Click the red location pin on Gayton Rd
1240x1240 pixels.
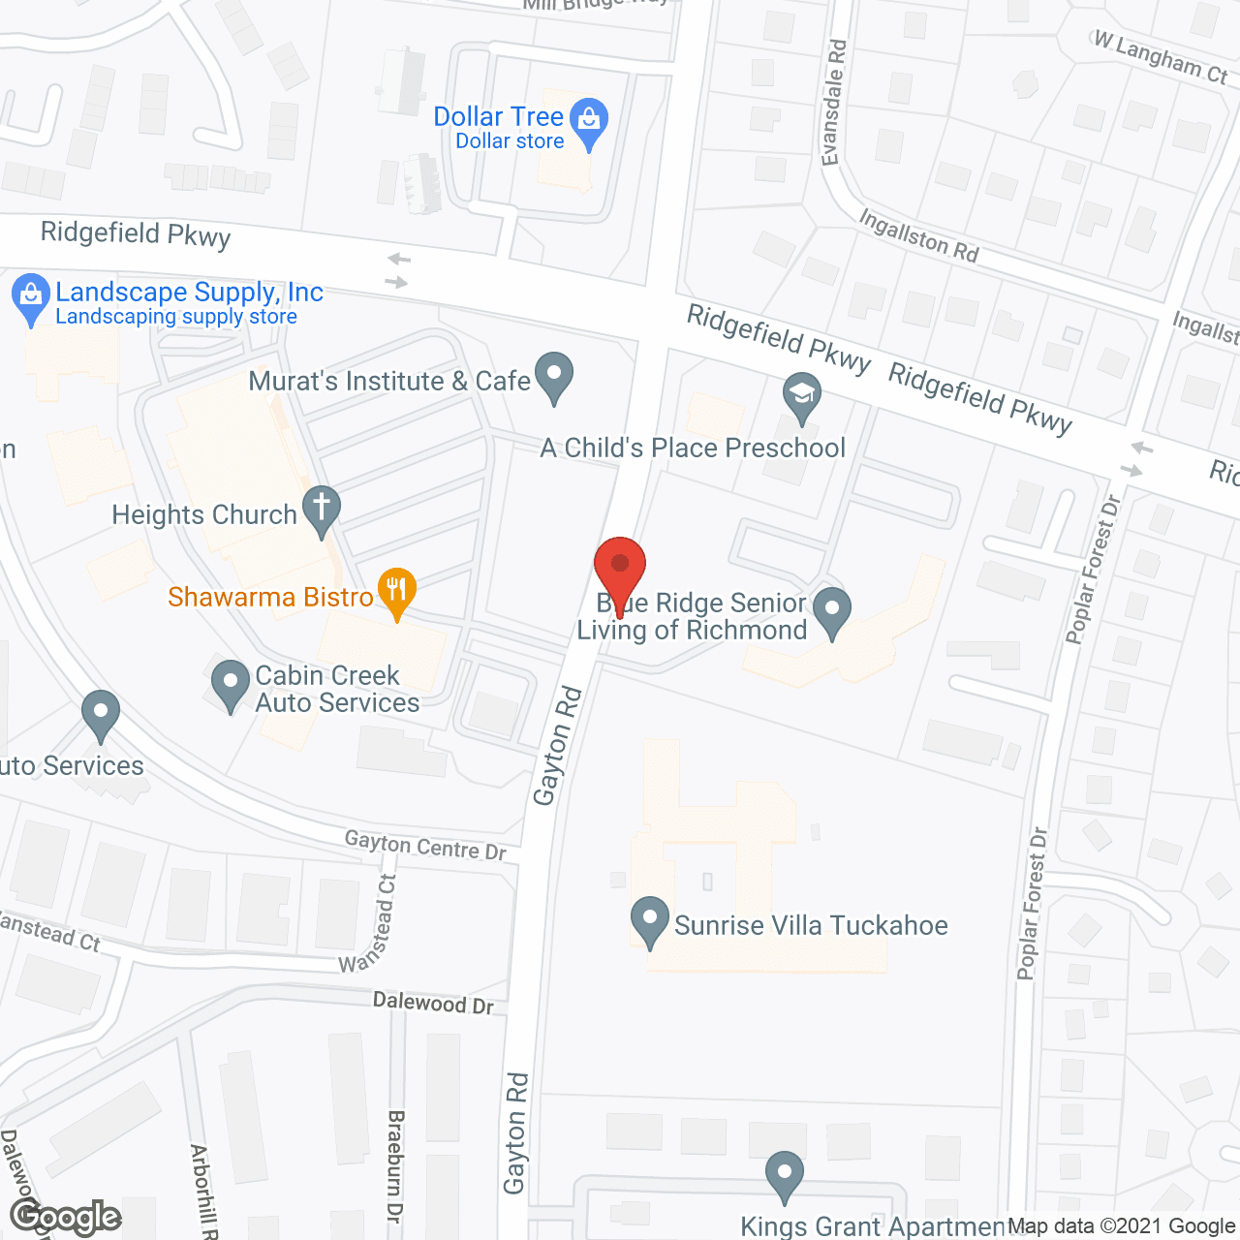point(620,567)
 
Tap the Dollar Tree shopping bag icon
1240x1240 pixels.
point(588,121)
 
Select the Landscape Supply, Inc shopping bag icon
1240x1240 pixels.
point(31,295)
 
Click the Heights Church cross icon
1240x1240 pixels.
point(322,507)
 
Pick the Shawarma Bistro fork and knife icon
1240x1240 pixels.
point(396,589)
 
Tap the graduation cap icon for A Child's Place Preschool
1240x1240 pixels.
point(802,395)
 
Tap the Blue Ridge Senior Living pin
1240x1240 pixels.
point(831,609)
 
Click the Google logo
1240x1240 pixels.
point(66,1217)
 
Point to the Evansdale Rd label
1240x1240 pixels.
point(834,103)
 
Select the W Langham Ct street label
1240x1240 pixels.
point(1161,57)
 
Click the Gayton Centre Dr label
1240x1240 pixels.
point(425,845)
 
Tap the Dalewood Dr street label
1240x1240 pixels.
point(433,1004)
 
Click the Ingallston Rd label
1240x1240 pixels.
point(918,236)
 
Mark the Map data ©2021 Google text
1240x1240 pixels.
point(1121,1226)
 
